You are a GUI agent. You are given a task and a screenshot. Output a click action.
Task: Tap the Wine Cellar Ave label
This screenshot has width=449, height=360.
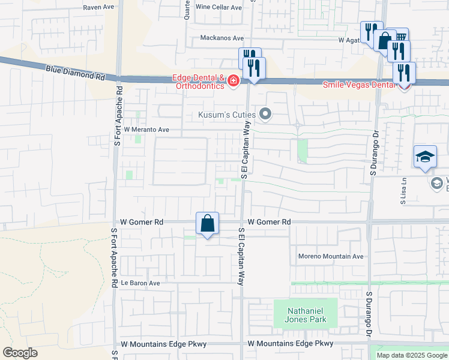click(x=218, y=8)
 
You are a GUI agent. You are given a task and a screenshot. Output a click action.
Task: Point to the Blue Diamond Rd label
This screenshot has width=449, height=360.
click(x=75, y=74)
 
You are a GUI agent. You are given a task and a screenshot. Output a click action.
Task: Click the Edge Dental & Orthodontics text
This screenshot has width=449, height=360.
click(x=198, y=82)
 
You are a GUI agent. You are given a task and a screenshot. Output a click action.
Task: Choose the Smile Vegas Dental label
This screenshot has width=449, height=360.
click(x=360, y=85)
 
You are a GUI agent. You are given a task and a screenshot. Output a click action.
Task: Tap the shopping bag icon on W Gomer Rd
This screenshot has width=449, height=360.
click(x=207, y=223)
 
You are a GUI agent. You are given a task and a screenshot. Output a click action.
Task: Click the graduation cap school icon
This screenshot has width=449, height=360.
click(x=425, y=157)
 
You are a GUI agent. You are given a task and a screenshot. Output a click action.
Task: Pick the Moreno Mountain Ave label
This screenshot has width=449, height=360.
click(x=331, y=257)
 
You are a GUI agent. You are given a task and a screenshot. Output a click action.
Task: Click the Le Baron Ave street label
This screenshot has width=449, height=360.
click(x=140, y=283)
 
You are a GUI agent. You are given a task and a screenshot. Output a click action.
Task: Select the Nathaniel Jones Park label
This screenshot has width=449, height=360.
click(x=306, y=315)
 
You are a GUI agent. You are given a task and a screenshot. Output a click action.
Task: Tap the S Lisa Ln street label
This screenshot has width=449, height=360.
click(x=404, y=190)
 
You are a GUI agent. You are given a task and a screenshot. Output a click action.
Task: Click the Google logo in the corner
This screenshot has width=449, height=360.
click(x=20, y=353)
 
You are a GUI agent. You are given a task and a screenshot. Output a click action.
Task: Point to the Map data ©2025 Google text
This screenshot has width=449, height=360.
click(x=412, y=355)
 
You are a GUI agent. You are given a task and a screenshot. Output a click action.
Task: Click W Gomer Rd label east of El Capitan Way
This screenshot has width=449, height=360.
click(x=269, y=222)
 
